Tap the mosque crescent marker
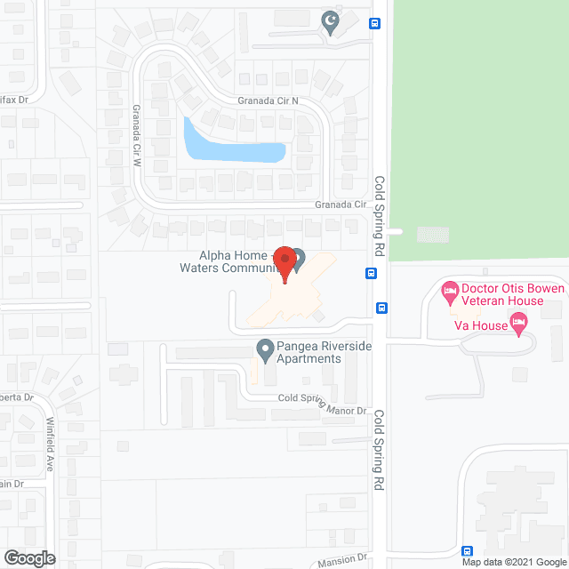click(x=332, y=23)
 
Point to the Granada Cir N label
click(x=267, y=101)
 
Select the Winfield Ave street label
click(x=51, y=444)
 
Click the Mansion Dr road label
click(x=343, y=559)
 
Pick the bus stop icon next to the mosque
click(x=375, y=24)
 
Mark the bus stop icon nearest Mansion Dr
click(x=469, y=551)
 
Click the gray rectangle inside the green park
click(x=433, y=234)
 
